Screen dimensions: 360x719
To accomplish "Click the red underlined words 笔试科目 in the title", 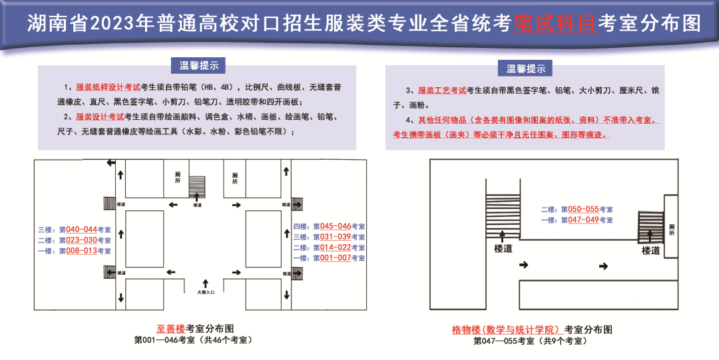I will (555, 24).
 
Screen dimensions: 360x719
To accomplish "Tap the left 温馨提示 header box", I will (198, 65).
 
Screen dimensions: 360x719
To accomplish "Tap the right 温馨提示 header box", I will (526, 69).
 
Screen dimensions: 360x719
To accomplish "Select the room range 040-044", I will (78, 229).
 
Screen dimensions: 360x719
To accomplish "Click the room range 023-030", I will (78, 240).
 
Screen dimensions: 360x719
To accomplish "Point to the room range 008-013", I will (78, 251).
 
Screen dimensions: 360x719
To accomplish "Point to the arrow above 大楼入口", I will (206, 282).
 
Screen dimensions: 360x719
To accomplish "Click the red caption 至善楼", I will (170, 329).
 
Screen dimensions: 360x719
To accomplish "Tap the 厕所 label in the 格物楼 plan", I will (671, 230).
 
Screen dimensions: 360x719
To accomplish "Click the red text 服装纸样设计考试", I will (108, 87).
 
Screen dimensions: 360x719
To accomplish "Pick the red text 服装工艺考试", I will (442, 90).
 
